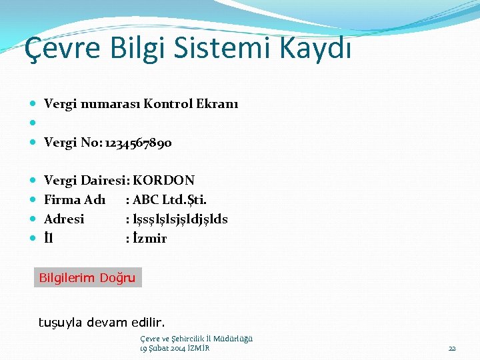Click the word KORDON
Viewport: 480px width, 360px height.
click(164, 181)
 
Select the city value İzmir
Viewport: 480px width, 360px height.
click(150, 239)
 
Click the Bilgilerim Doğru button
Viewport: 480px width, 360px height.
click(87, 278)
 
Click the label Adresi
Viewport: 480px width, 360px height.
click(64, 219)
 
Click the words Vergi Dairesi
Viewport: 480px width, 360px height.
click(86, 181)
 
